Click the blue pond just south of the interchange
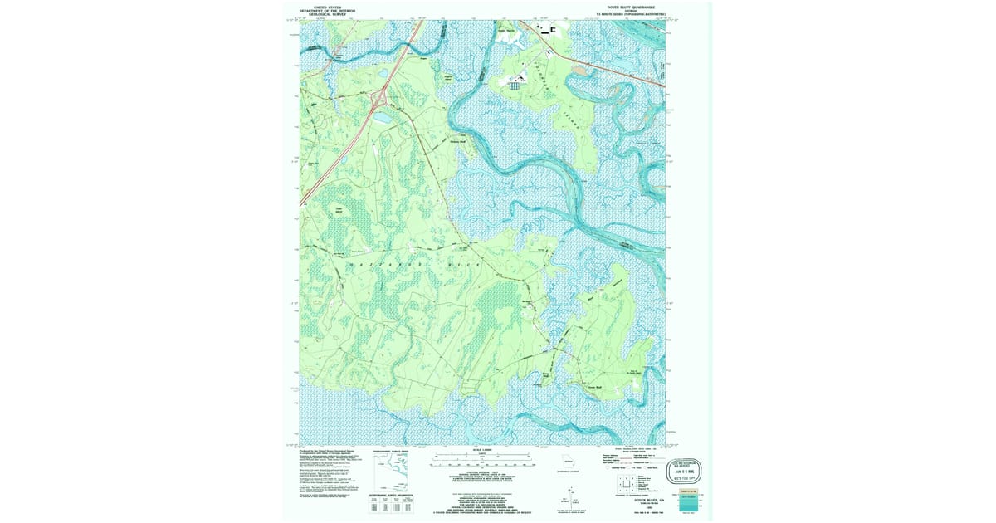384,119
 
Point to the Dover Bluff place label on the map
593,387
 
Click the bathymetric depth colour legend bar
688,503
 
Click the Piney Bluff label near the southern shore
546,376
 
